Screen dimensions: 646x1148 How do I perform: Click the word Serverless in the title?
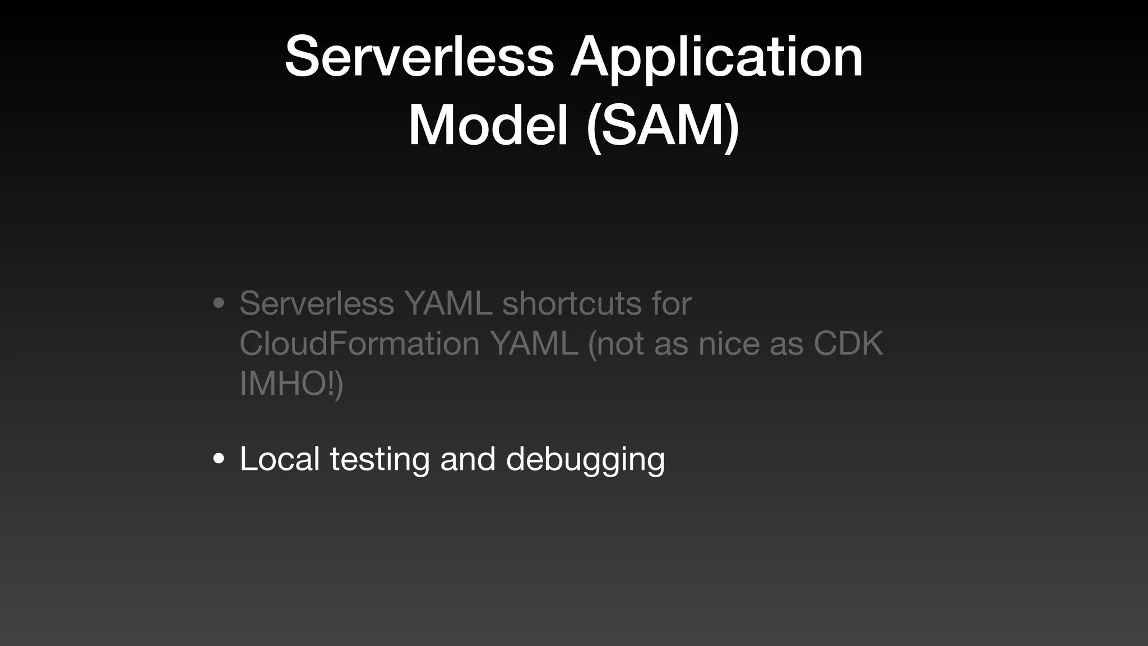[419, 57]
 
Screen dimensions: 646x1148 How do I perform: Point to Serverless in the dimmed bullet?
[317, 303]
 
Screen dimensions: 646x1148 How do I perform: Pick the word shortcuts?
[572, 303]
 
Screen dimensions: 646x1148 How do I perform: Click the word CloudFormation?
[359, 343]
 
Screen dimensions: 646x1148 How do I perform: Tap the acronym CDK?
[848, 343]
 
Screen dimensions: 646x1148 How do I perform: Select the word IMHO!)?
[291, 384]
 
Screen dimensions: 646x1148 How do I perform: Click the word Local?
[280, 459]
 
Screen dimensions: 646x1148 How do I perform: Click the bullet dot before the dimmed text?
[219, 304]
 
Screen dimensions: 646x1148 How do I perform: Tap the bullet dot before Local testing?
[219, 459]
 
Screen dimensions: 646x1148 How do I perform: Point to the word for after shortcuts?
[672, 303]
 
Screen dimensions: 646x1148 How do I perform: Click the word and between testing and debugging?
[467, 459]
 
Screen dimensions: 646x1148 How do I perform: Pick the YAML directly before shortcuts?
[448, 303]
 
